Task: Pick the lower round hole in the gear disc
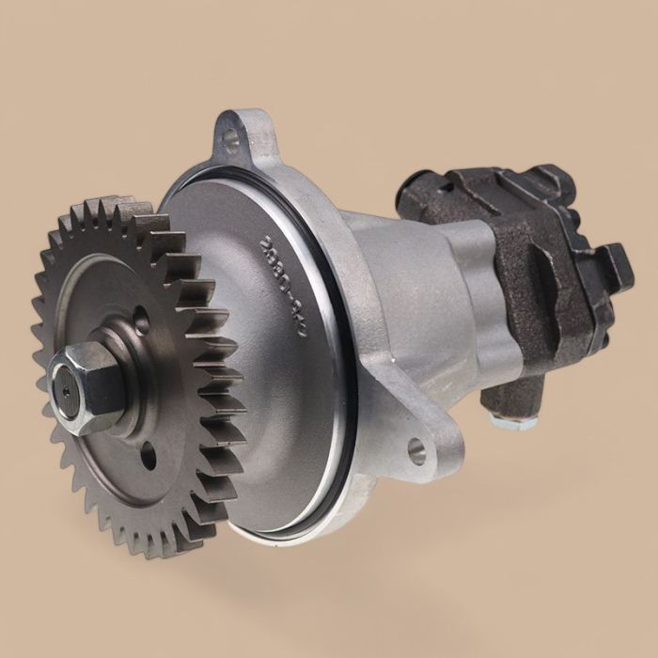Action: [148, 458]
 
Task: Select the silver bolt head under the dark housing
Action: [515, 420]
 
